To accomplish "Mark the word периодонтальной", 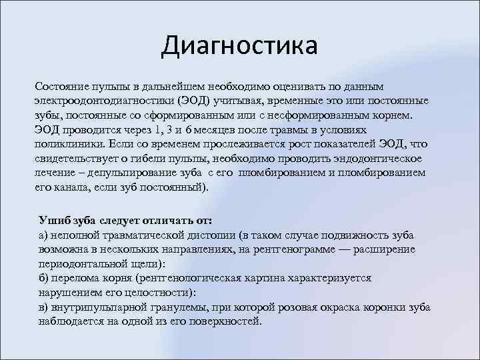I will pos(83,263).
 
